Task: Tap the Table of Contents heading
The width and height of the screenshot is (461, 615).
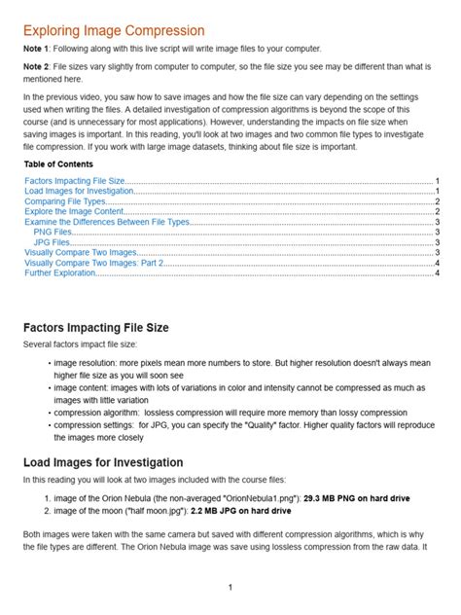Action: point(58,136)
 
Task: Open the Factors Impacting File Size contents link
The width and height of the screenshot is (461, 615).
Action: point(74,155)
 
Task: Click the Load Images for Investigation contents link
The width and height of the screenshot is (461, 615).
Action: point(80,165)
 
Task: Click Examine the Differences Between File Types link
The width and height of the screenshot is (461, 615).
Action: point(107,198)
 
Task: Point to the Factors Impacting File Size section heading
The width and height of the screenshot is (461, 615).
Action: point(95,328)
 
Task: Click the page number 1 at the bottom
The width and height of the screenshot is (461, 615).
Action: point(230,588)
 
